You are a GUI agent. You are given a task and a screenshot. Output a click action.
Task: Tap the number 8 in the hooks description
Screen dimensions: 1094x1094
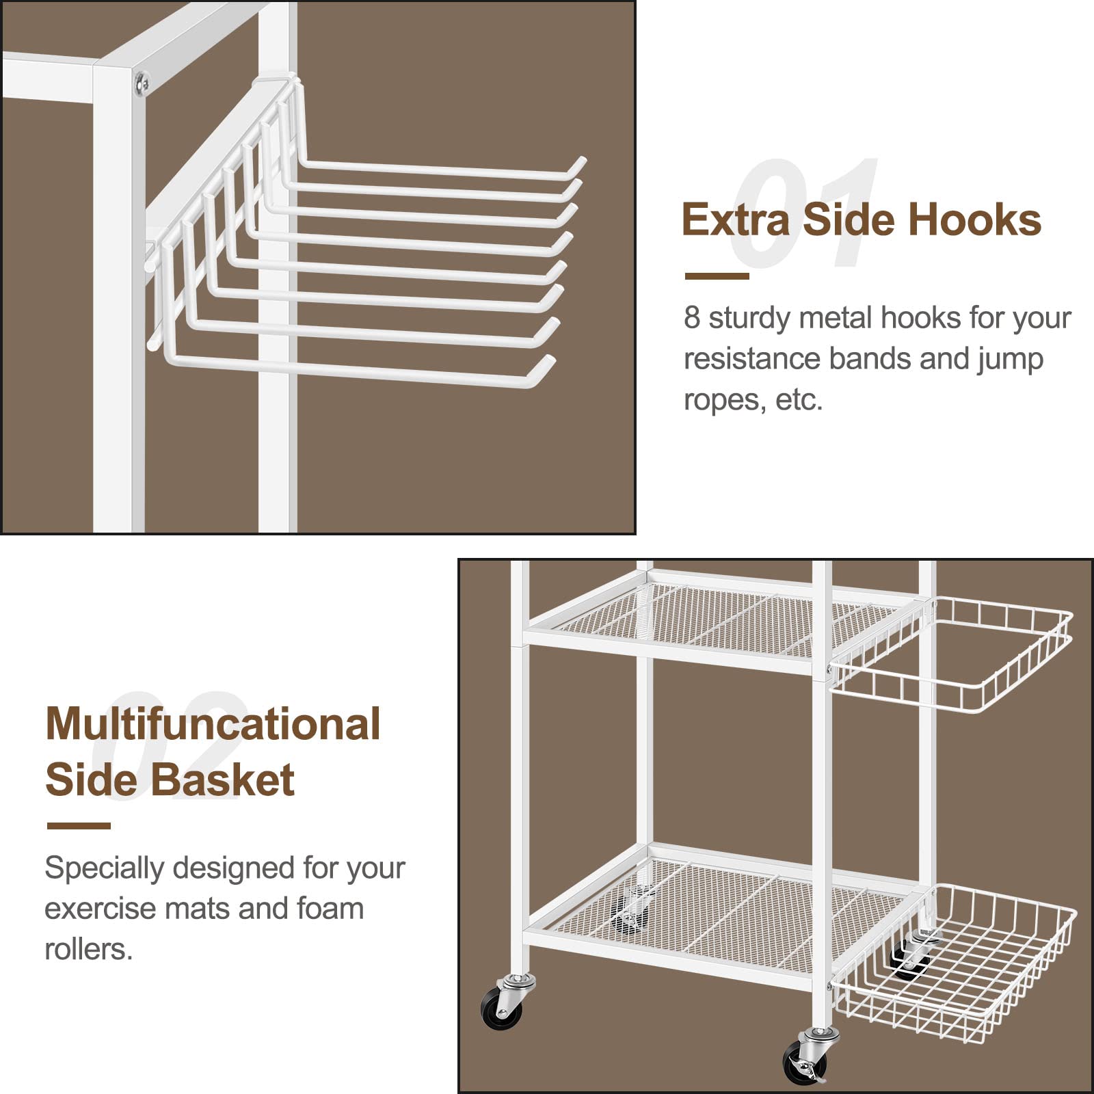click(x=692, y=318)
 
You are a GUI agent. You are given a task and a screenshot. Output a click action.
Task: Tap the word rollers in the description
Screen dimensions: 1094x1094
click(x=88, y=949)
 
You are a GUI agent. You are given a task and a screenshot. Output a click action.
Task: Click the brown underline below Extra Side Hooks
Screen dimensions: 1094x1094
click(x=717, y=276)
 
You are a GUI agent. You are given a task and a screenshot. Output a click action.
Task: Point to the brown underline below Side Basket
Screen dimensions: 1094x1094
click(x=79, y=826)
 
